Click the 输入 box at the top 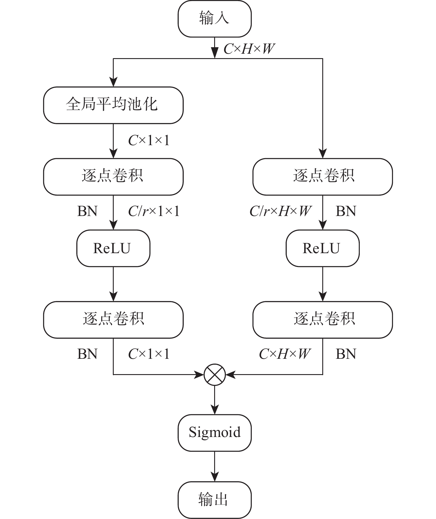pyautogui.click(x=214, y=19)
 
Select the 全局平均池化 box pyautogui.click(x=113, y=105)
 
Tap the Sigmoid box pyautogui.click(x=214, y=433)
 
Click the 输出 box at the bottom pyautogui.click(x=214, y=500)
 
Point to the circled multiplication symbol pyautogui.click(x=215, y=375)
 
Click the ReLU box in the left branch pyautogui.click(x=113, y=248)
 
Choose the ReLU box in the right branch pyautogui.click(x=322, y=248)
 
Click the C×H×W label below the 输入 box pyautogui.click(x=249, y=49)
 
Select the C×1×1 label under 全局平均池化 pyautogui.click(x=149, y=140)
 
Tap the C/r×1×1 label pyautogui.click(x=154, y=212)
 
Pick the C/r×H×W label pyautogui.click(x=280, y=212)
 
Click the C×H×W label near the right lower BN pyautogui.click(x=284, y=354)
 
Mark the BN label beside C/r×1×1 pyautogui.click(x=87, y=212)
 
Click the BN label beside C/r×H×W pyautogui.click(x=346, y=212)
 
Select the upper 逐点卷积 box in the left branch pyautogui.click(x=113, y=176)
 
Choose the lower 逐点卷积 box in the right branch pyautogui.click(x=323, y=320)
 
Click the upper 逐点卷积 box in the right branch pyautogui.click(x=323, y=176)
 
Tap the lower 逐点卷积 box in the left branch pyautogui.click(x=113, y=320)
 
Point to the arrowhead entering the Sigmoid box pyautogui.click(x=215, y=410)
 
